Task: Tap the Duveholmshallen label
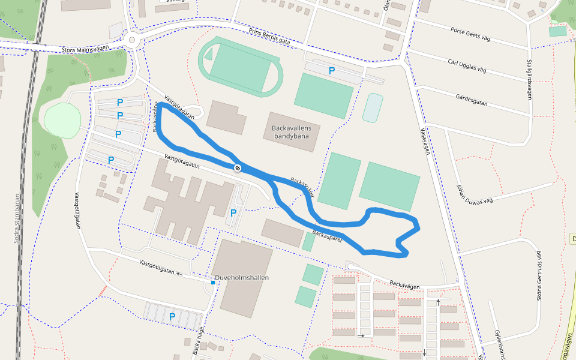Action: coord(242,278)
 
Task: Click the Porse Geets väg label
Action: coord(470,34)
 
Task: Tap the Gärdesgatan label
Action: coord(472,100)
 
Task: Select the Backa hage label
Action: coord(198,340)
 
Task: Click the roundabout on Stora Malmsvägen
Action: coord(131,40)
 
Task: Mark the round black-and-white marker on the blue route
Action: coord(238,168)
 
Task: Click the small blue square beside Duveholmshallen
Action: coord(212,282)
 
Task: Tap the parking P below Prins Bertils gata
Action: coord(331,71)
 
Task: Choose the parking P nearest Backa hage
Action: coord(172,316)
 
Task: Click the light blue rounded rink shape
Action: coord(373,108)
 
